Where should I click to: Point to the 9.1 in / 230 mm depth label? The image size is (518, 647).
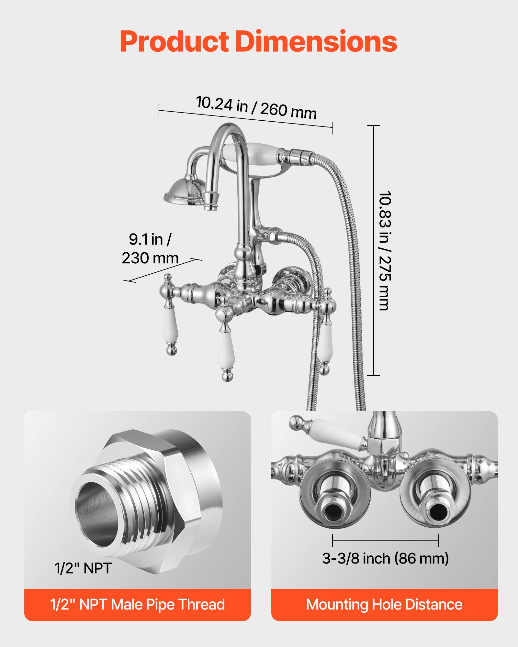(x=150, y=249)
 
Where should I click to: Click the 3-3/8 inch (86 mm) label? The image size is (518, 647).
(x=385, y=559)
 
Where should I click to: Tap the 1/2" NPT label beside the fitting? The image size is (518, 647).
(x=83, y=568)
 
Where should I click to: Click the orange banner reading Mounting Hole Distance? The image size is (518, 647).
(x=384, y=604)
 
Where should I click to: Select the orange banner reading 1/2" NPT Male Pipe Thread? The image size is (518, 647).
(x=137, y=604)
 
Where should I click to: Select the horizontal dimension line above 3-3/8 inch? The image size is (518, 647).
(x=385, y=540)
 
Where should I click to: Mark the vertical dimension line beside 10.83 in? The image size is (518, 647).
(x=374, y=251)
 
